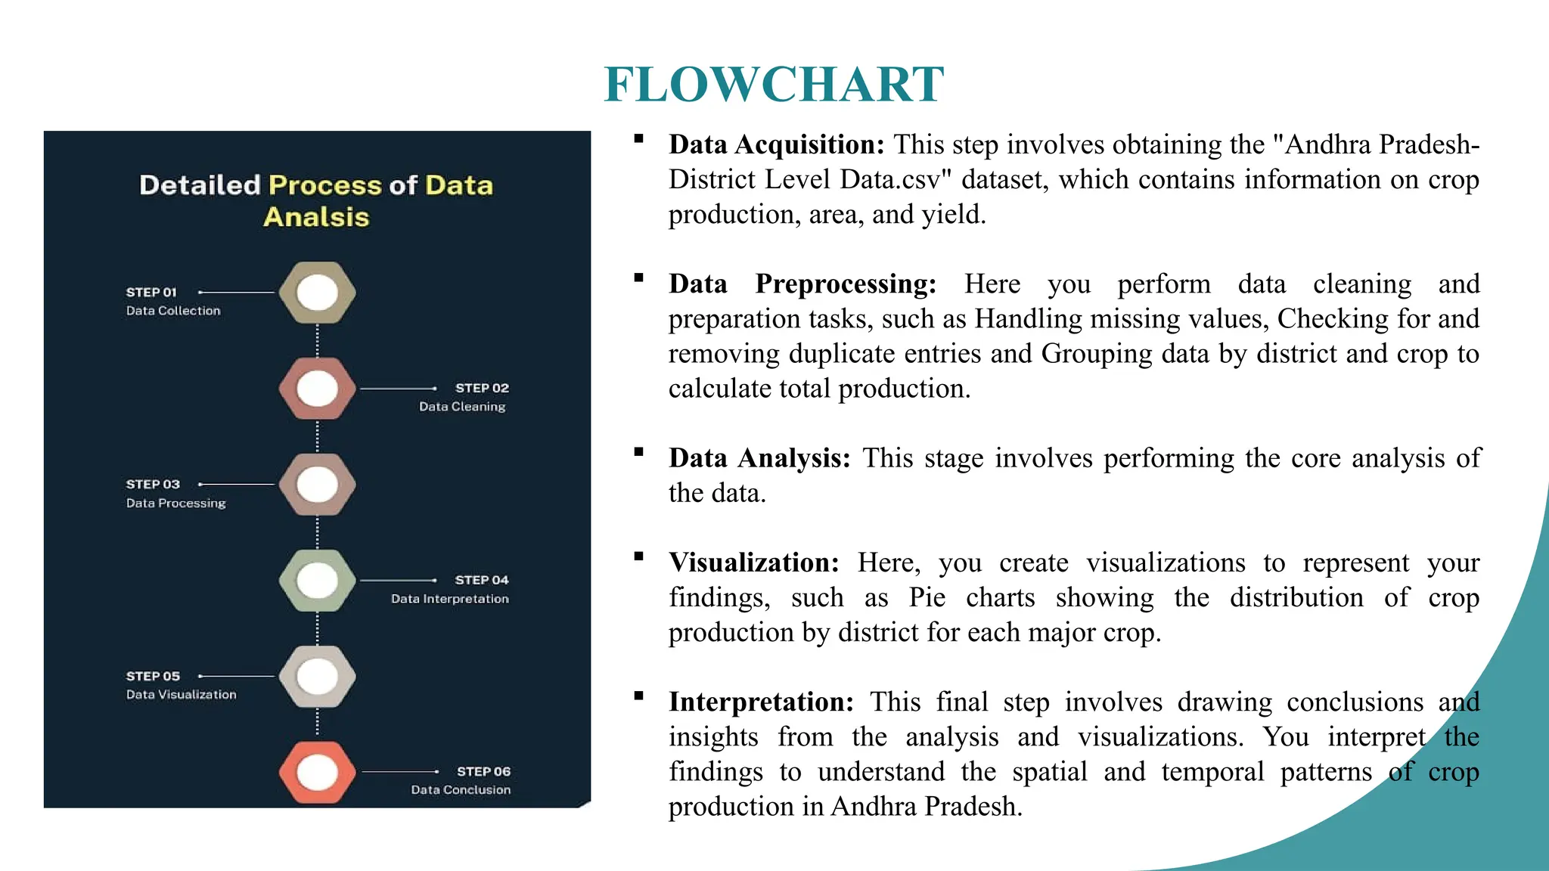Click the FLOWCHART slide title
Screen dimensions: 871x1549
click(x=774, y=84)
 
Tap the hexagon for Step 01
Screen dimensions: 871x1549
click(x=317, y=293)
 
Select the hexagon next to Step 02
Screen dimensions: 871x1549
click(x=317, y=389)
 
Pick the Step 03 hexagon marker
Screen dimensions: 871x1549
click(x=317, y=485)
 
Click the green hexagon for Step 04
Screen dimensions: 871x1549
click(x=317, y=580)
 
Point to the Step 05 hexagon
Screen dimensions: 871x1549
click(x=317, y=676)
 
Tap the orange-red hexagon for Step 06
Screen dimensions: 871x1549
click(x=317, y=772)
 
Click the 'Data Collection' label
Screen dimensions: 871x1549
click(x=173, y=311)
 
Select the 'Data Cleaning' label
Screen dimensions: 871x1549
click(x=462, y=407)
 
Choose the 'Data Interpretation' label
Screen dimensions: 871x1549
click(x=450, y=599)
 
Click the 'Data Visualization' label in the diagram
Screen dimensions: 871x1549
click(x=182, y=695)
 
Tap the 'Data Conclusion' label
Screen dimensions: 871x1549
click(x=461, y=790)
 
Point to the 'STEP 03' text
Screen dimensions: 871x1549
click(x=153, y=485)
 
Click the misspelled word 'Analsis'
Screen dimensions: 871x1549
click(x=316, y=217)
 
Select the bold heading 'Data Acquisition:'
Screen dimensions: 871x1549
click(x=776, y=144)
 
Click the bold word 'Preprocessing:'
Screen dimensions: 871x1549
click(x=846, y=284)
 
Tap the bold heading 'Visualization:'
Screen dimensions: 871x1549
click(x=754, y=563)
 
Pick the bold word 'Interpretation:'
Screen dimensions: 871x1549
click(x=761, y=702)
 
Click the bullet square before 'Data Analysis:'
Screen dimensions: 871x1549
click(x=639, y=452)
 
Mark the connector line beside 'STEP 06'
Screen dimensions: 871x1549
click(x=400, y=772)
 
